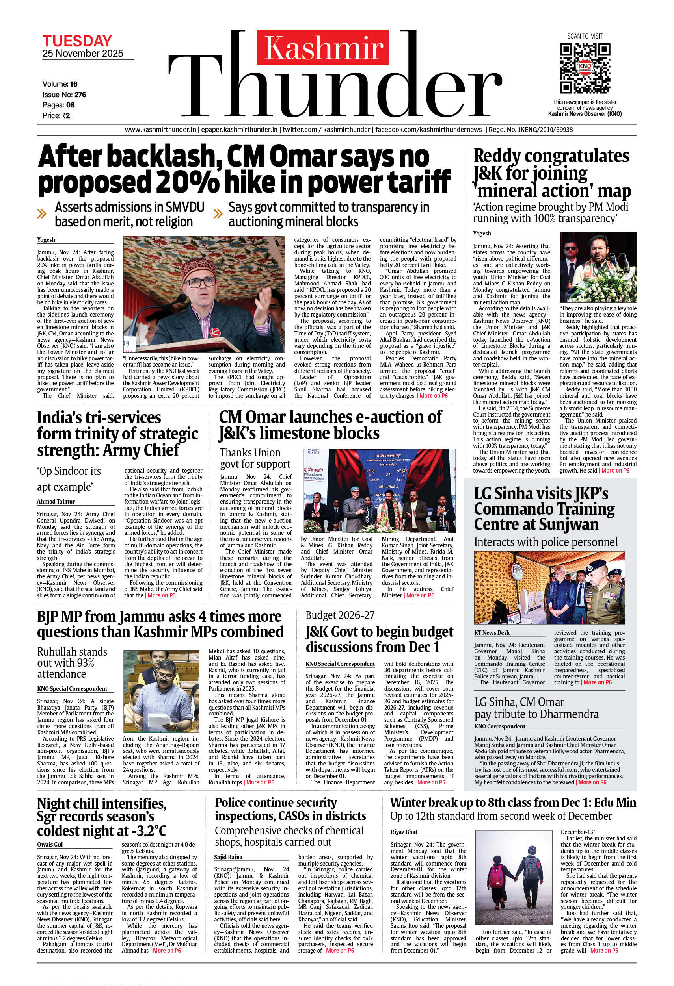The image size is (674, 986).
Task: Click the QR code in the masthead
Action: pos(585,68)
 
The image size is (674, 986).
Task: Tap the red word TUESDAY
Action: pos(77,41)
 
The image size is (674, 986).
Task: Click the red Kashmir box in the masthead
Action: pos(323,48)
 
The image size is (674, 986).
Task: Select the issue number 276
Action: pos(80,95)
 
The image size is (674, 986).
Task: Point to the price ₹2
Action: pos(65,116)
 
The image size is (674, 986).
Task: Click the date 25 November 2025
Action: pos(82,54)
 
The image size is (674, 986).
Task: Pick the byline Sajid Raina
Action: pos(229,857)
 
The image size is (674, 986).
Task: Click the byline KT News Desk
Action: pos(492,632)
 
